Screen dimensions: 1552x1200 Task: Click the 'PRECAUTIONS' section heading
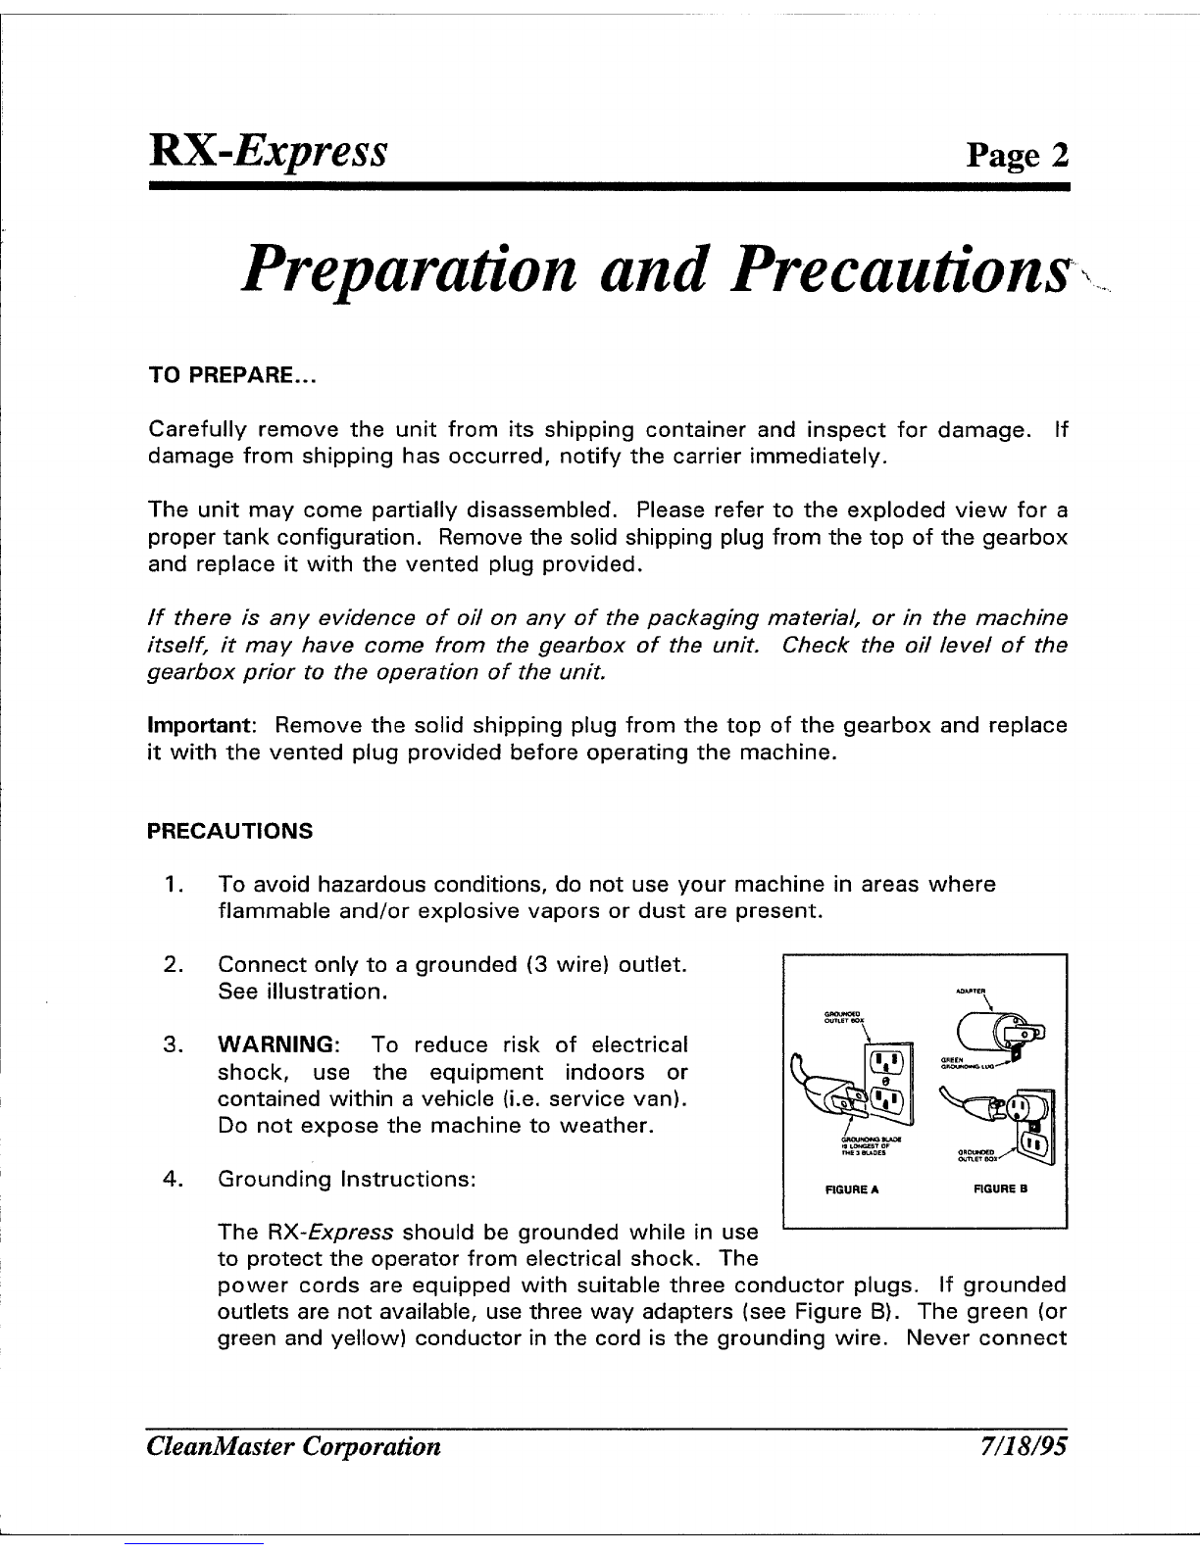click(229, 832)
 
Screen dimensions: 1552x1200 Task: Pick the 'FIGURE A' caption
click(852, 1189)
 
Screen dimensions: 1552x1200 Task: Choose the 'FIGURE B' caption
click(1000, 1189)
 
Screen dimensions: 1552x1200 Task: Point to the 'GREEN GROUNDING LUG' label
click(969, 1063)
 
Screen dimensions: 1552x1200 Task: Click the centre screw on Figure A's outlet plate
click(884, 1081)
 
